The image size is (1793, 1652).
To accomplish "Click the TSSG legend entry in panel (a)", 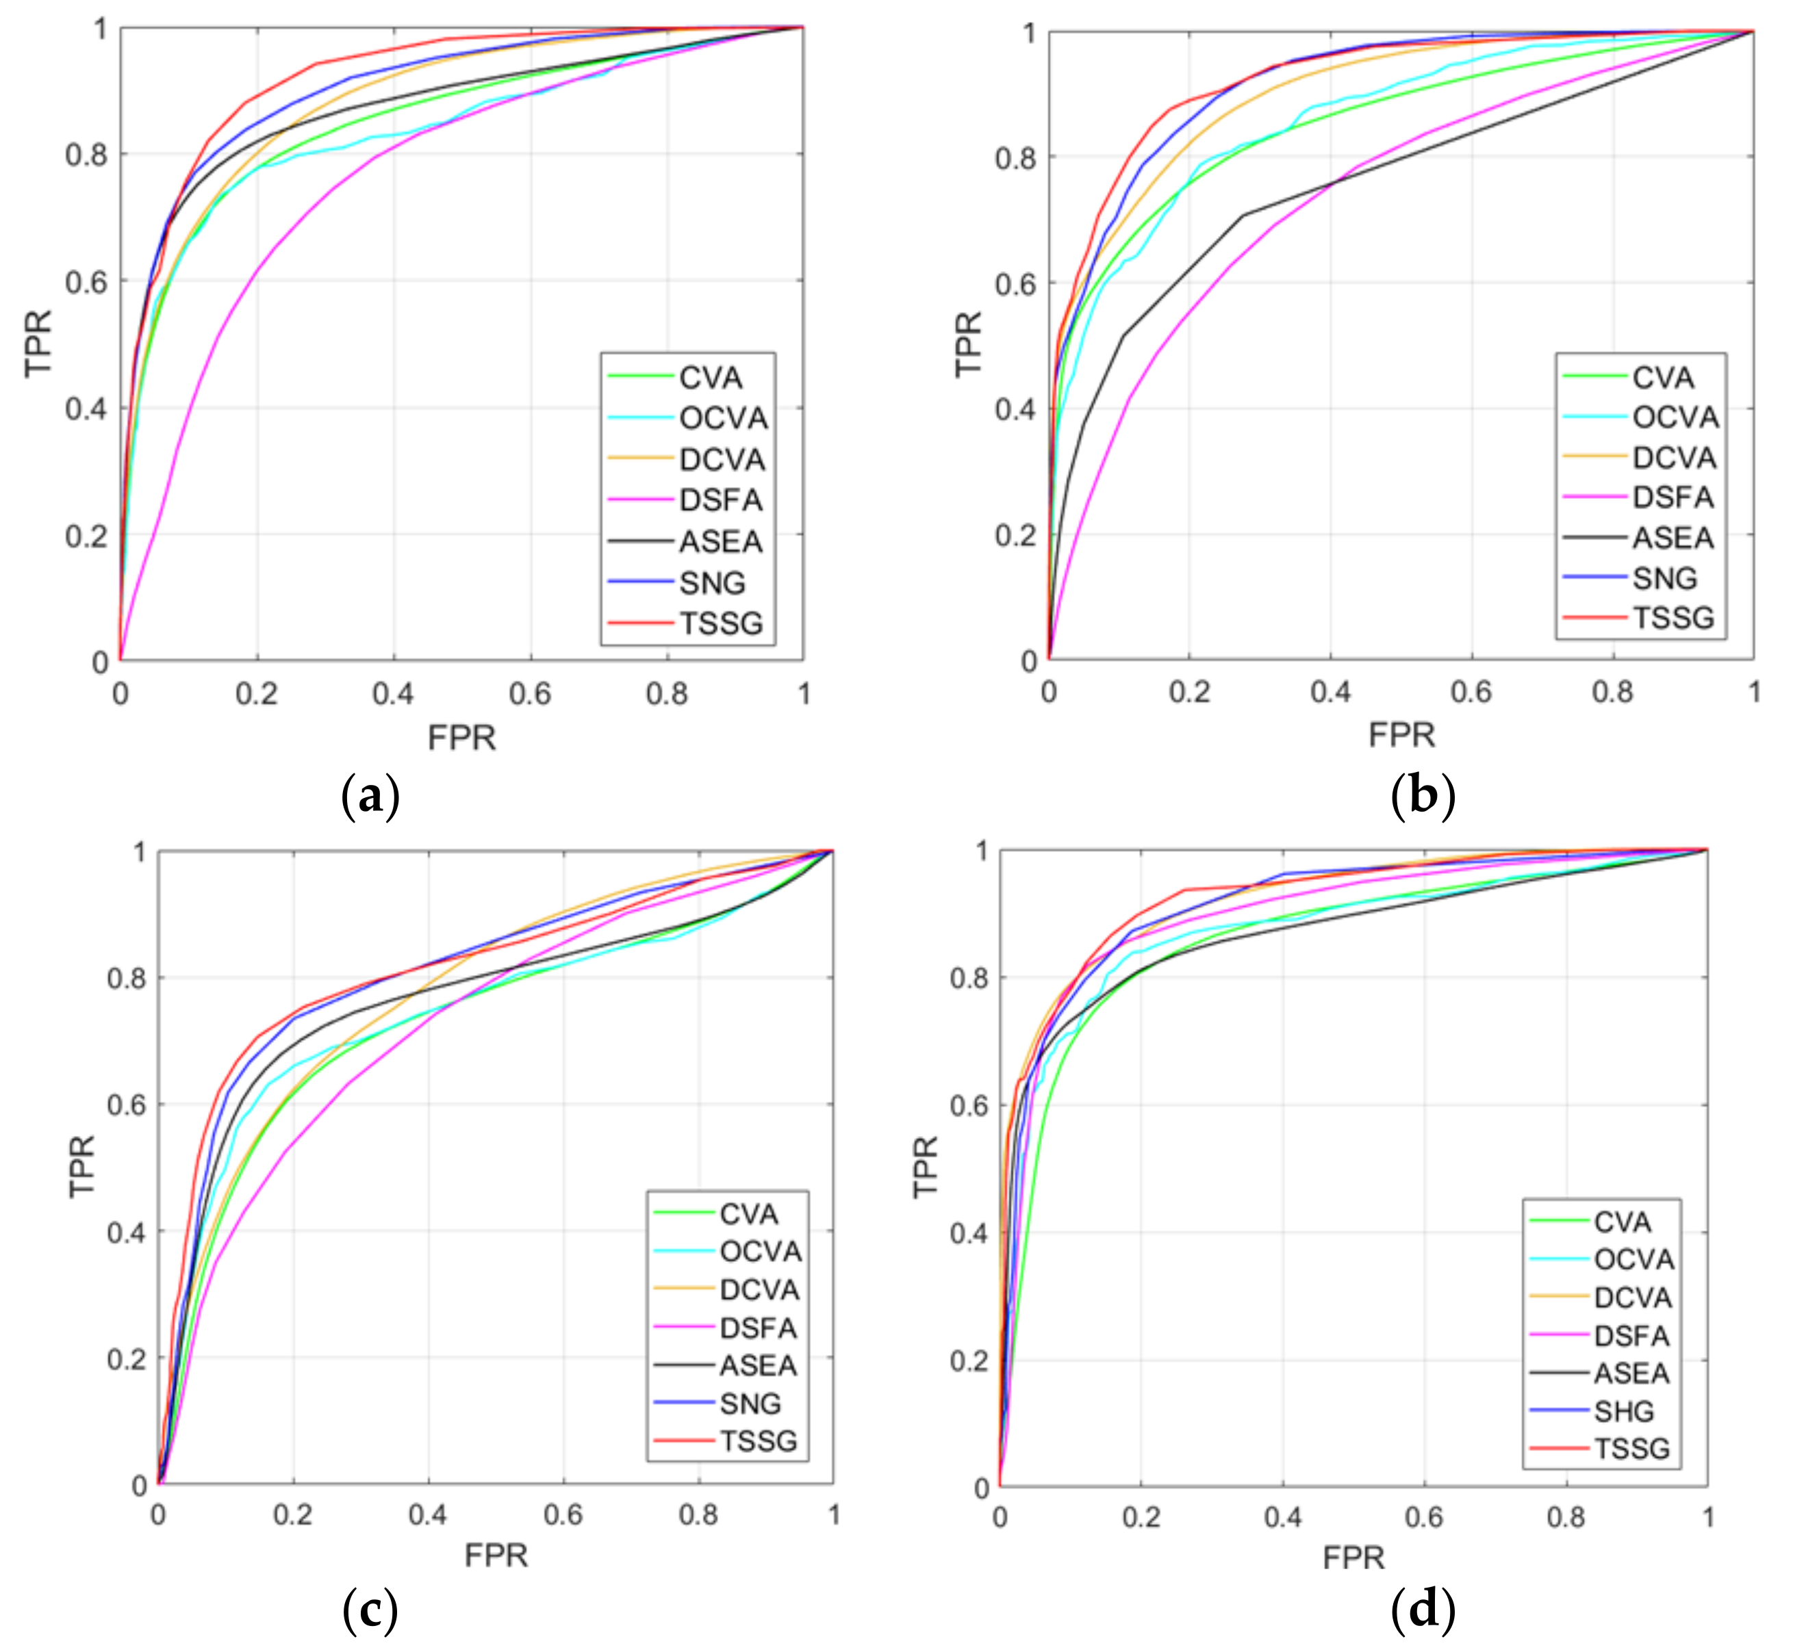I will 720,623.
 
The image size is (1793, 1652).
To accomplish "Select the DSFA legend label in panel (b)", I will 1673,497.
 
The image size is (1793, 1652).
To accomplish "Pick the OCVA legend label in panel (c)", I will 760,1252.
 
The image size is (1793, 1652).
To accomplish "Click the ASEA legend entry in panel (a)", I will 720,541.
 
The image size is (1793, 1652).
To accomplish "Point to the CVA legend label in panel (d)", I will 1621,1222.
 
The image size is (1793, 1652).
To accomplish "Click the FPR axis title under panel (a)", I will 461,738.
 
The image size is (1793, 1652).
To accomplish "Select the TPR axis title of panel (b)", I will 969,344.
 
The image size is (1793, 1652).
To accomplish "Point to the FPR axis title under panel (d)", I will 1353,1558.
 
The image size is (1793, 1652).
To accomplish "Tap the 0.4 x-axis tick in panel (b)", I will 1331,692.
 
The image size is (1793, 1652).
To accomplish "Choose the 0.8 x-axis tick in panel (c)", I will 698,1514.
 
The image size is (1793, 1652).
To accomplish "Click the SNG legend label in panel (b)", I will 1664,578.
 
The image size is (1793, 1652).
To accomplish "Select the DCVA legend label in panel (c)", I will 759,1290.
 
